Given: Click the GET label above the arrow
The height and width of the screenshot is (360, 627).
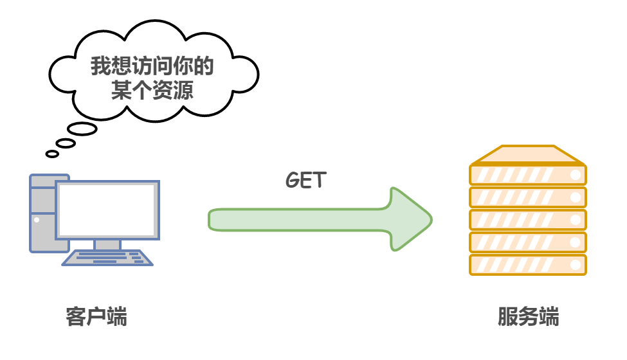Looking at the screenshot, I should point(305,180).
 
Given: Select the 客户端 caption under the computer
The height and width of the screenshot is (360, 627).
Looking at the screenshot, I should point(96,317).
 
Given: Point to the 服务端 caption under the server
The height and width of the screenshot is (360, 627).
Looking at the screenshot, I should point(528,317).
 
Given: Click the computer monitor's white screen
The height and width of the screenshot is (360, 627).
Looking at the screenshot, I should point(107,210).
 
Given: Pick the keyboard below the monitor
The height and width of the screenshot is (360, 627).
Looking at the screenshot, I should point(107,258).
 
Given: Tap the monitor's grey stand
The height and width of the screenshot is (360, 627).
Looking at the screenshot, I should point(107,244).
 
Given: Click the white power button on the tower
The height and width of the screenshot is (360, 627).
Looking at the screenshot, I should point(37,220).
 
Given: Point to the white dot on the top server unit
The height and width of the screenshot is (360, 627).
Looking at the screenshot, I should point(576,175).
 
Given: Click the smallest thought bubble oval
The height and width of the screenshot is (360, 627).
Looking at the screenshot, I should point(52,154).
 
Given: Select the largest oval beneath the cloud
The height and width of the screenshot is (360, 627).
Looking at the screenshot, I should point(82,129).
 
